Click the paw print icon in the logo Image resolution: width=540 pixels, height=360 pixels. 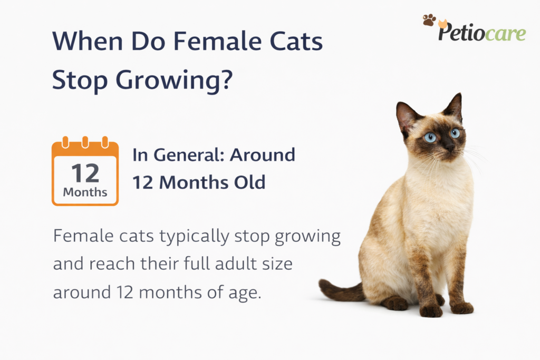click(x=429, y=20)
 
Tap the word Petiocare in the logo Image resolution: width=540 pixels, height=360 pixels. click(x=481, y=33)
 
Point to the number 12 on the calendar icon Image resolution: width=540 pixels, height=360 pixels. click(x=85, y=173)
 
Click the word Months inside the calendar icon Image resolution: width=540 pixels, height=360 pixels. click(x=85, y=192)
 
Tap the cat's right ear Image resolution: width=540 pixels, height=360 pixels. click(x=454, y=105)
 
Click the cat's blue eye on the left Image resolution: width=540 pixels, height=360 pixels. click(x=430, y=138)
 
